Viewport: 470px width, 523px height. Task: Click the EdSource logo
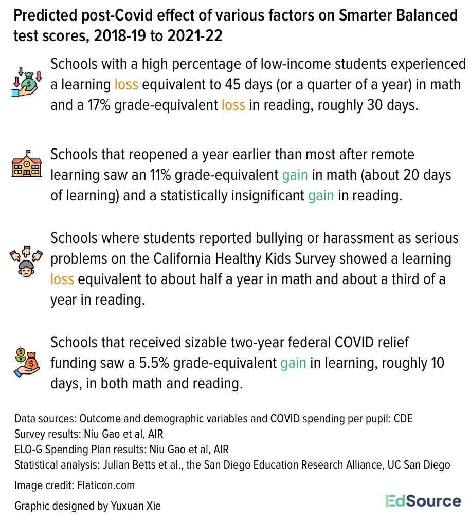click(x=423, y=501)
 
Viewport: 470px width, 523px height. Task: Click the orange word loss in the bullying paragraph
click(x=62, y=279)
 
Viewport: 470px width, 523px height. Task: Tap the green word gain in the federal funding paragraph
click(x=293, y=363)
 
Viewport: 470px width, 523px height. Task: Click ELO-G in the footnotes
click(x=28, y=450)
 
